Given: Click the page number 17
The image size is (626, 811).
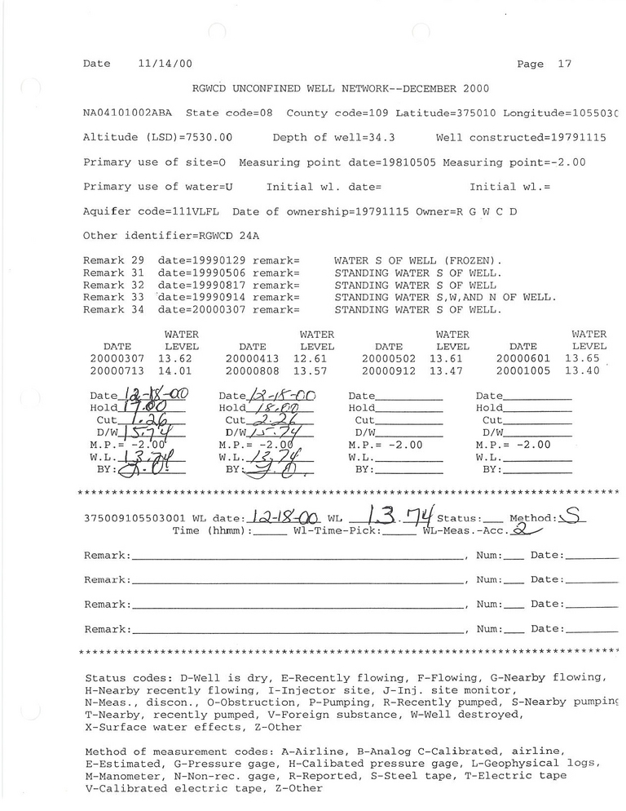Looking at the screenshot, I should pyautogui.click(x=565, y=64).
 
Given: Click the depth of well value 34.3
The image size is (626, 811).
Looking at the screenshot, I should pyautogui.click(x=382, y=138).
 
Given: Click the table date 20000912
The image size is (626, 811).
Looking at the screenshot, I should pyautogui.click(x=388, y=370).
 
